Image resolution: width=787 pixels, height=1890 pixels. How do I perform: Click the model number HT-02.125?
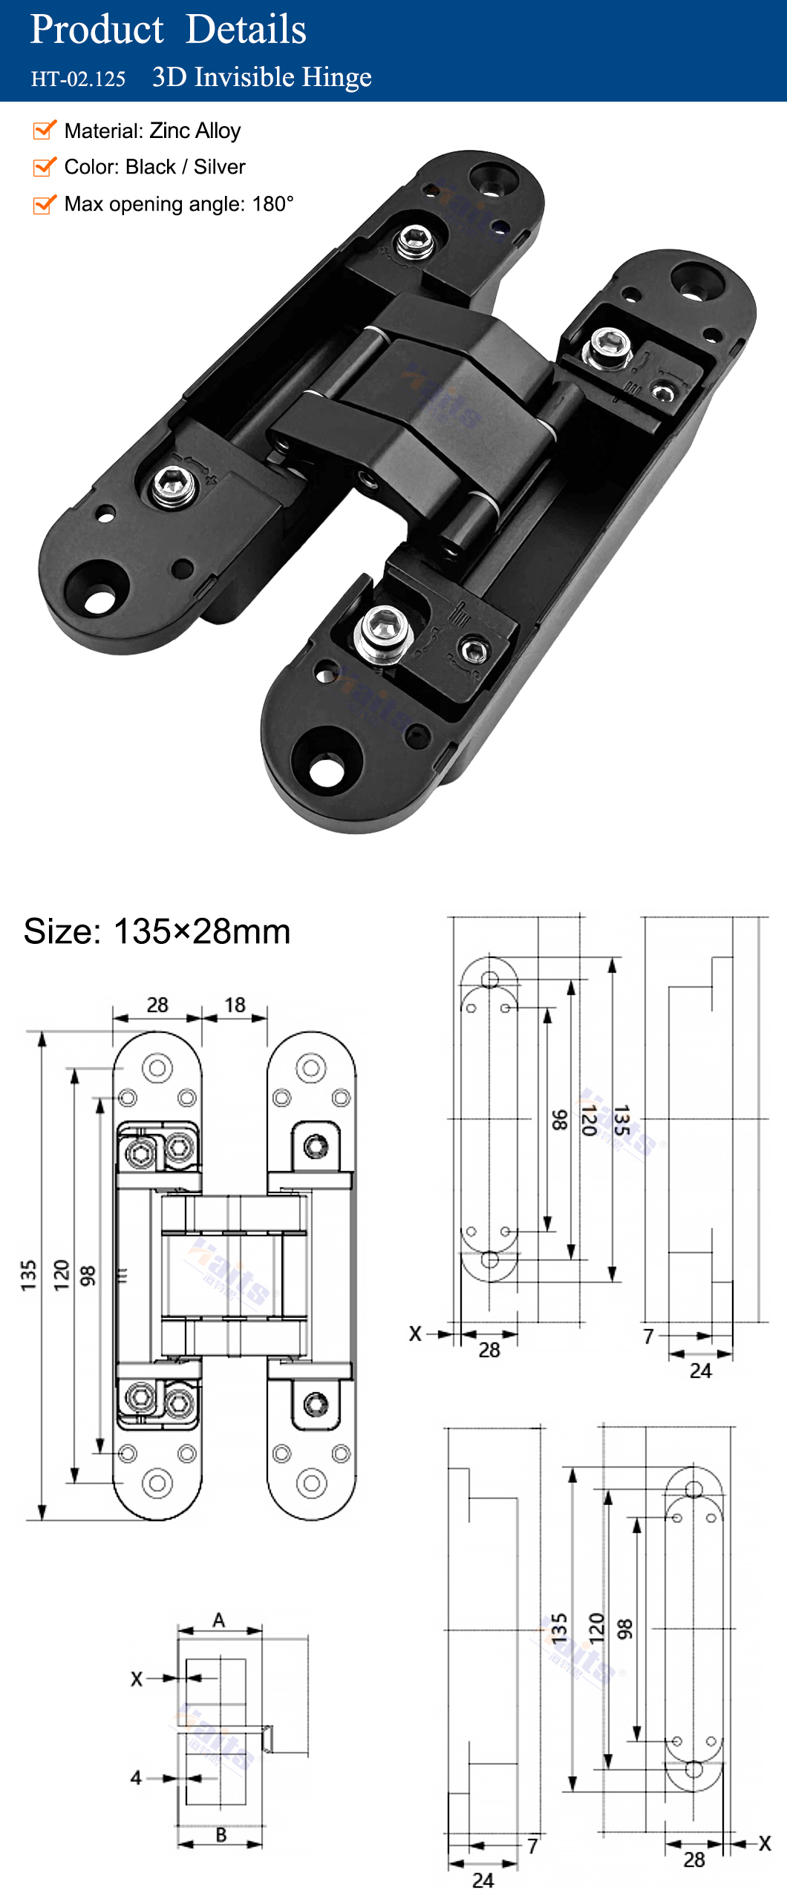point(78,79)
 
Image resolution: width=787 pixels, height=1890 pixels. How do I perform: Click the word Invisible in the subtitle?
point(245,77)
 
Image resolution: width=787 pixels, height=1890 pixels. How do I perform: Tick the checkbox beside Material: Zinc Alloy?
point(45,130)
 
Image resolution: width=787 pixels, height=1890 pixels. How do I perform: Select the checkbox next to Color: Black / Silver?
point(45,166)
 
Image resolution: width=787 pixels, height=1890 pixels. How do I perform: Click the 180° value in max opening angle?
point(272,204)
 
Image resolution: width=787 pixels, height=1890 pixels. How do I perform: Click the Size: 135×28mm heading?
point(157,931)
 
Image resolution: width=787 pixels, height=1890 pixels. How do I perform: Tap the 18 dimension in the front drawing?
point(235,1005)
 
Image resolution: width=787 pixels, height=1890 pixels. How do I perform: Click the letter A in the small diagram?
point(218,1620)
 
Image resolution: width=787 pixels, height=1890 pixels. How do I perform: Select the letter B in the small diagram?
point(221,1834)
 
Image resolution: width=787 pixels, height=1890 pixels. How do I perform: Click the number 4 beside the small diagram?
point(136,1777)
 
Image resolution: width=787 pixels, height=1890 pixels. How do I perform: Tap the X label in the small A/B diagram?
point(137,1679)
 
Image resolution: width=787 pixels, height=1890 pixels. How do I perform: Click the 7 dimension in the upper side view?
point(648,1336)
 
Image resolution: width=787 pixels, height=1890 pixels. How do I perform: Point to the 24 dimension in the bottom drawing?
point(483,1879)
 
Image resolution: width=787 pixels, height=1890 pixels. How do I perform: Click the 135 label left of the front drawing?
point(28,1275)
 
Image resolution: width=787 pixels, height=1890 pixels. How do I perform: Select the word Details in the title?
point(246,30)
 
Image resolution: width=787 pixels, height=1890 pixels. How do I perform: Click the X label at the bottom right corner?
point(765,1843)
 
